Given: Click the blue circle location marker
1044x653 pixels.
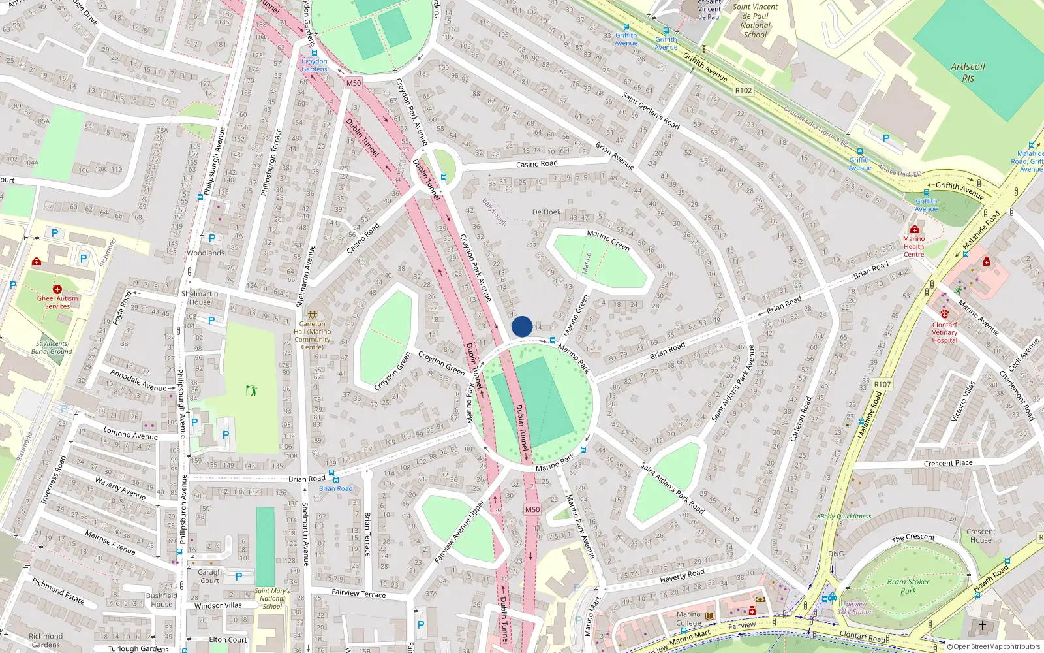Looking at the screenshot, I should coord(522,326).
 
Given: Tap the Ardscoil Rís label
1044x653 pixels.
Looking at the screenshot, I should coord(968,72).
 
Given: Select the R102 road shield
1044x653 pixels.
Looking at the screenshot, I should coord(743,91).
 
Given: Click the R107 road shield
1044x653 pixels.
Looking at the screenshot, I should coord(882,384).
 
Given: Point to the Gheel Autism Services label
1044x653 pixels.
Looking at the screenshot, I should coord(57,302).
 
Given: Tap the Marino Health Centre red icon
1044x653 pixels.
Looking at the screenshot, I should coord(915,230).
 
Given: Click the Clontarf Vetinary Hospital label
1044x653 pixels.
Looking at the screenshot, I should coord(944,332).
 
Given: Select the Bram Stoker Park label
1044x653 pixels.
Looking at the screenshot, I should coord(908,586).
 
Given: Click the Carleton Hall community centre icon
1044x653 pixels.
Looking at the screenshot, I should coord(313,315).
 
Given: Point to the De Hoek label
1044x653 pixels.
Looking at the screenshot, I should coord(546,212).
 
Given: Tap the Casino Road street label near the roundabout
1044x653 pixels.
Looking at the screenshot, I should coord(536,164).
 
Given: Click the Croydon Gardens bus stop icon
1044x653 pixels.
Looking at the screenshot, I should coord(315,54).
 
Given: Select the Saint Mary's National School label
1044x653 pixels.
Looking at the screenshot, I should coord(272,599).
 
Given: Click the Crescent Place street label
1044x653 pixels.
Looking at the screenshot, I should coord(948,463).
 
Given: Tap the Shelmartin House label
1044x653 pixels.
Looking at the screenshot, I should coord(200,298).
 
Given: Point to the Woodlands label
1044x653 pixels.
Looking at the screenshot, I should coord(206,253).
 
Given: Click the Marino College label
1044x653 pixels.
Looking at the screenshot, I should coord(688,618).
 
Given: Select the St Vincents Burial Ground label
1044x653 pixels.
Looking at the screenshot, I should coord(52,347).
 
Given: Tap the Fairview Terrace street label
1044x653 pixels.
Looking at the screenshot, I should coord(359,593).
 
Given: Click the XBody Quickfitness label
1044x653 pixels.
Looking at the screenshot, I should coord(844,516).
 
